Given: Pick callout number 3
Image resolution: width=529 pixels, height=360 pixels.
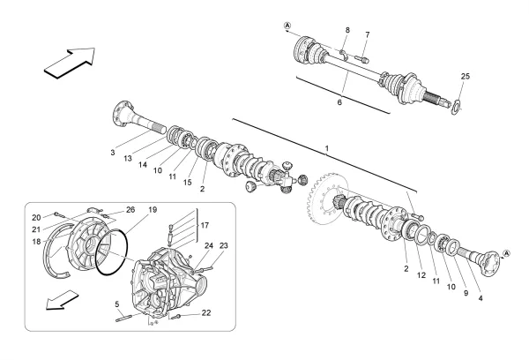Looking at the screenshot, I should [x=113, y=153].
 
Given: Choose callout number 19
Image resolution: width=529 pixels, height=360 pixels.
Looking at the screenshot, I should [x=153, y=210].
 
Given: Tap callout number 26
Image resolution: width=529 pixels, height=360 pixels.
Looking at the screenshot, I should [x=130, y=209].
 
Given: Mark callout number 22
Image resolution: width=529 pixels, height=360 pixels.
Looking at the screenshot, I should [x=205, y=313].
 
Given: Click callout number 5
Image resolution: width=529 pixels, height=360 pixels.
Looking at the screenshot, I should [x=117, y=305].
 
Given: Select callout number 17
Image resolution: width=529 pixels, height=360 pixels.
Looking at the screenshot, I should [x=205, y=227].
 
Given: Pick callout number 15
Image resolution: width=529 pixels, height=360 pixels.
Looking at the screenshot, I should [x=188, y=182].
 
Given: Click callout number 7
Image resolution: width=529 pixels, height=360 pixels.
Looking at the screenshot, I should [x=368, y=34].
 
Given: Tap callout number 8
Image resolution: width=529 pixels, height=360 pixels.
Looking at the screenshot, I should [x=348, y=31].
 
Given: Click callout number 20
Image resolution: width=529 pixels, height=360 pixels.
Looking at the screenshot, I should [x=36, y=217].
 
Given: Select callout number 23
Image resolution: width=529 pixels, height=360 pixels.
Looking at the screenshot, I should [x=224, y=245].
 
